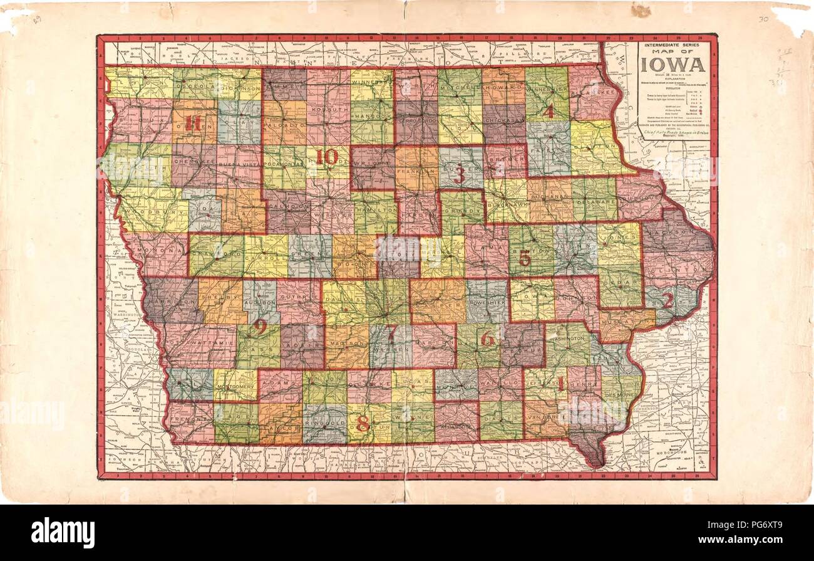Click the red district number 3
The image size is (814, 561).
click(x=460, y=175)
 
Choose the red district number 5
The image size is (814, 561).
click(x=525, y=258)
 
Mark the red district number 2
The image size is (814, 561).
click(x=667, y=300)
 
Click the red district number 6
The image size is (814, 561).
click(x=488, y=339)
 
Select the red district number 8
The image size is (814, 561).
click(x=363, y=424)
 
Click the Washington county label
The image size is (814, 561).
click(x=569, y=338)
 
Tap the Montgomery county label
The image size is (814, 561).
click(x=235, y=387)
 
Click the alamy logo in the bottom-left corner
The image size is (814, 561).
click(x=63, y=533)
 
